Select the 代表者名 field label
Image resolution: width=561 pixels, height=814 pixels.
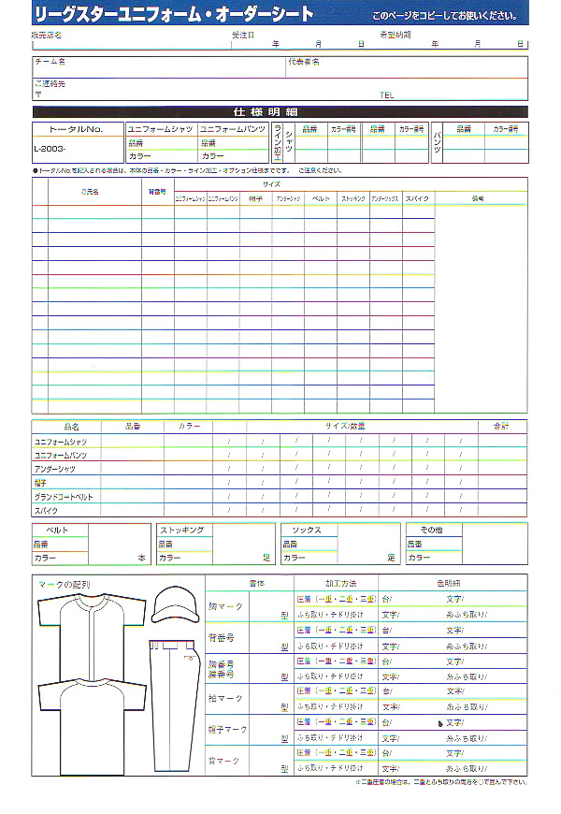pos(303,62)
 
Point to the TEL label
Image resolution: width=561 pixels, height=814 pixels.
pos(387,95)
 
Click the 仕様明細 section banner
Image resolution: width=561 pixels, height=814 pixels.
pos(280,111)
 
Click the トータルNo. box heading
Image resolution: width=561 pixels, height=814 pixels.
pos(78,128)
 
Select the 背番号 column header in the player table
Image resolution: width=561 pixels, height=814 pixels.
pos(157,192)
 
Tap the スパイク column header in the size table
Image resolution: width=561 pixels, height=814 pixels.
pos(417,199)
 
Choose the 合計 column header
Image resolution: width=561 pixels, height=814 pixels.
pos(501,426)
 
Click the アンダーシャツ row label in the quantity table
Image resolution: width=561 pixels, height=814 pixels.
pos(55,468)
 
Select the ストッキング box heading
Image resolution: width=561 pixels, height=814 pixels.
pos(182,530)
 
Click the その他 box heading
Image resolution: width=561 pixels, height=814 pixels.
pos(431,530)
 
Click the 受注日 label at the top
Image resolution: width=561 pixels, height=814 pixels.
pos(242,35)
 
